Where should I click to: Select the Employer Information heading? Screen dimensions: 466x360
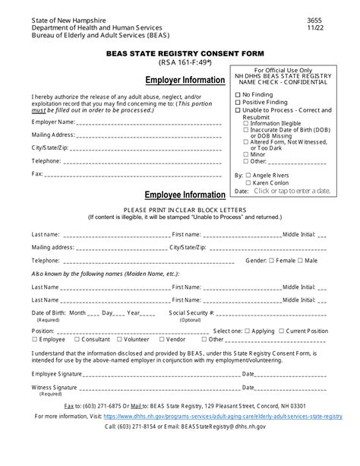[x=185, y=81]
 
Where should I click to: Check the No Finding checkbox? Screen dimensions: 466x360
[x=238, y=94]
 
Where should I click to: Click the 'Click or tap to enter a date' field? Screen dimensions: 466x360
[x=292, y=191]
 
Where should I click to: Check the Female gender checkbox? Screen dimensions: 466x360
[x=272, y=261]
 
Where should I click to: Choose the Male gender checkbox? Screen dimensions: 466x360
[x=301, y=261]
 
